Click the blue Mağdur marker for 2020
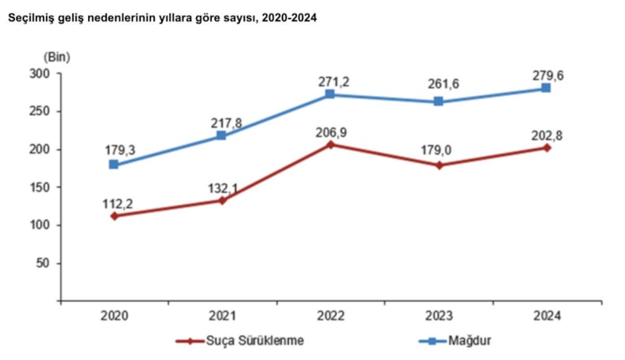(x=114, y=165)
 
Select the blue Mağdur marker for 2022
(x=330, y=94)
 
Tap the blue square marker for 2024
(x=546, y=88)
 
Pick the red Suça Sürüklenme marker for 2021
(x=222, y=201)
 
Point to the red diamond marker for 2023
(x=438, y=165)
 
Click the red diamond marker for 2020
(x=114, y=216)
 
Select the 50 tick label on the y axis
(x=43, y=263)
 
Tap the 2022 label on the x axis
(x=330, y=315)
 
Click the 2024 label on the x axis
(x=546, y=315)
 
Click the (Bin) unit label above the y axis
(x=56, y=56)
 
